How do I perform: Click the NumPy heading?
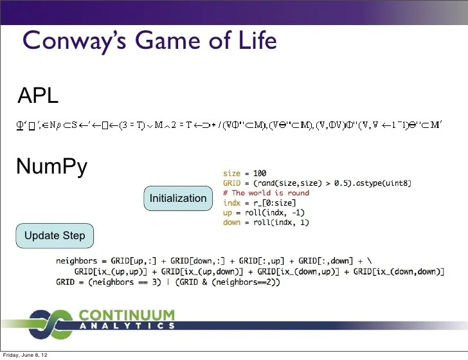coord(51,166)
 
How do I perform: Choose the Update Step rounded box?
coord(55,236)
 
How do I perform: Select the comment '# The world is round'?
coord(265,193)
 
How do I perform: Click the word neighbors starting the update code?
coord(76,261)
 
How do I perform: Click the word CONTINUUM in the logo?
coord(127,315)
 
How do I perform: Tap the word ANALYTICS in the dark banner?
coord(127,326)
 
